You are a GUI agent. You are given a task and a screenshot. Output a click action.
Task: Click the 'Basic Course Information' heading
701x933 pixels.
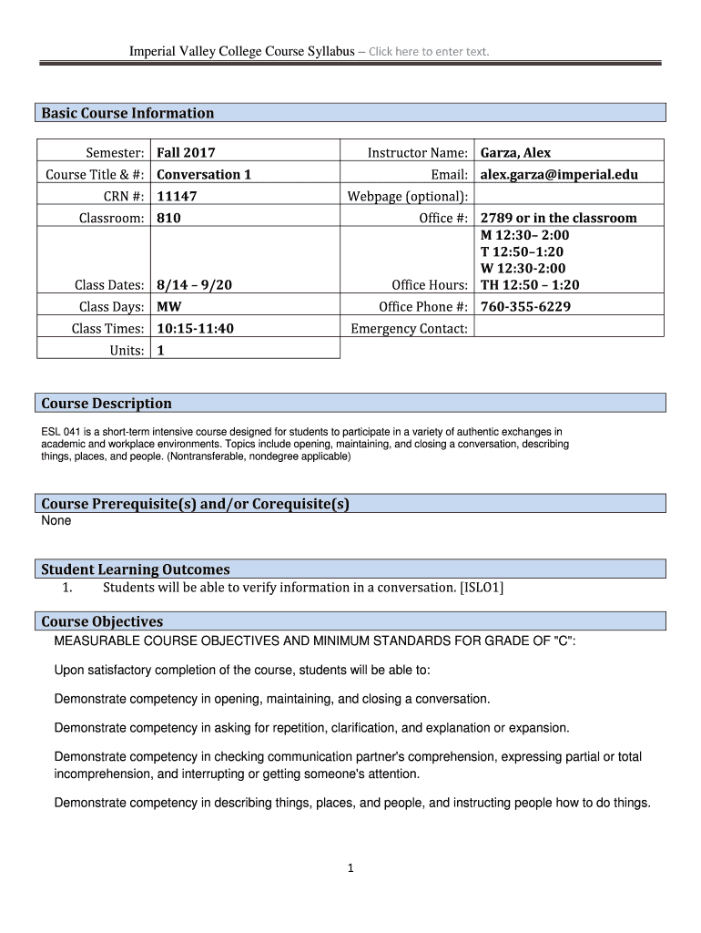tap(127, 113)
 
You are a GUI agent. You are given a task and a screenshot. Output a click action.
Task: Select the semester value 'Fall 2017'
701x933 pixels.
tap(186, 152)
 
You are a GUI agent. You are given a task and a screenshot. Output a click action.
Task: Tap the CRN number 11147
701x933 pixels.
tap(177, 196)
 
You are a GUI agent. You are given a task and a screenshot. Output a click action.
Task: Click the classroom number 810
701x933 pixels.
tap(168, 218)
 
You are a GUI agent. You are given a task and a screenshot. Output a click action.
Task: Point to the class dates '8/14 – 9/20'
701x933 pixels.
tap(194, 284)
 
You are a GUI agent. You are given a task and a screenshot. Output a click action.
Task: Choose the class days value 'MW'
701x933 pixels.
tap(168, 306)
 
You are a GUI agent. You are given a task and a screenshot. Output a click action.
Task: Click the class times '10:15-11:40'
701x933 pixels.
tap(195, 328)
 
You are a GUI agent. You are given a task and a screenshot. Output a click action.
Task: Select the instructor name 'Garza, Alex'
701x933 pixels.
tap(515, 152)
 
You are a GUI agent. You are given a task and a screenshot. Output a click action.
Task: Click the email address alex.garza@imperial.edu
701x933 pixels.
tap(559, 174)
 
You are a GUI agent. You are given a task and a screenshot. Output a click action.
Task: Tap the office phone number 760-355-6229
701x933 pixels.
tap(525, 306)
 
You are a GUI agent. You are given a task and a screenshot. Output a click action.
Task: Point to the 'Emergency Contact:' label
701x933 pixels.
tap(409, 328)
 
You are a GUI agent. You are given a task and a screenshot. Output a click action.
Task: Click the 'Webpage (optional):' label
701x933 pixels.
tap(408, 196)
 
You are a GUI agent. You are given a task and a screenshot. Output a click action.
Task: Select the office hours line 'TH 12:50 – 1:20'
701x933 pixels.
tap(530, 284)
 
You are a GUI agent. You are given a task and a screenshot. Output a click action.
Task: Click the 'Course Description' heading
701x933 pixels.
tap(107, 403)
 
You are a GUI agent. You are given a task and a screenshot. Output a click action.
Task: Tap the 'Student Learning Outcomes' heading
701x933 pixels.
tap(136, 569)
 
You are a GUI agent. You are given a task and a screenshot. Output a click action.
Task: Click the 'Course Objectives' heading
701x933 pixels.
tap(102, 621)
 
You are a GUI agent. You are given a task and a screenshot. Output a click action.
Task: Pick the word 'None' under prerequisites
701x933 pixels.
tap(56, 521)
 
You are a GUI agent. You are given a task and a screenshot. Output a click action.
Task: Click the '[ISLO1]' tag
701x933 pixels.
tap(483, 588)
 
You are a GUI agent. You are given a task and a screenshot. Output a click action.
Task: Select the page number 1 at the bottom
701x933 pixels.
tap(350, 868)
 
